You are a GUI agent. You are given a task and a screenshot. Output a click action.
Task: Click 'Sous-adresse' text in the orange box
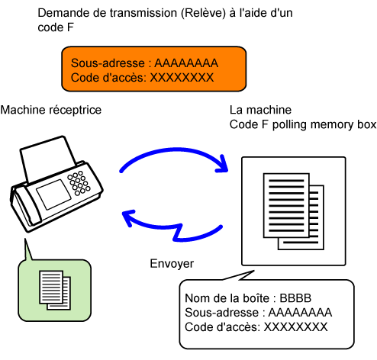point(108,63)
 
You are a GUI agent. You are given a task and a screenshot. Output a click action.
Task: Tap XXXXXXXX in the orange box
point(182,78)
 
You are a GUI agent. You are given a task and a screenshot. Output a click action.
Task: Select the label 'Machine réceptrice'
point(51,110)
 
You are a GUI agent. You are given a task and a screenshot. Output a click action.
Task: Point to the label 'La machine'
point(260,110)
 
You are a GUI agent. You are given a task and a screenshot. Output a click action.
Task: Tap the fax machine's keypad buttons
point(79,183)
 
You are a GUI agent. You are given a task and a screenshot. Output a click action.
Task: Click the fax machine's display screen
point(53,194)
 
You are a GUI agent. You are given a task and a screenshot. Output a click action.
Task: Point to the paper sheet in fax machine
point(48,159)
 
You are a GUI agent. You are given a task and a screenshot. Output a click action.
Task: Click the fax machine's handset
point(25,206)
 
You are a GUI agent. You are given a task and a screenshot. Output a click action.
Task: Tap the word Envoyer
point(172,264)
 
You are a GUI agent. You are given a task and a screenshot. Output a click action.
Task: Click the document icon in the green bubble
point(55,290)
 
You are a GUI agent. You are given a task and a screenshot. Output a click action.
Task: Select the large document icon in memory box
point(294,211)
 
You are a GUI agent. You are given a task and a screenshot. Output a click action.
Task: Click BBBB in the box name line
point(295,298)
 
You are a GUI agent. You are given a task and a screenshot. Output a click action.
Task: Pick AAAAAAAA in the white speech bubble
point(300,313)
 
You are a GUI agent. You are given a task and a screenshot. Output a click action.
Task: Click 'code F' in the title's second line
point(56,27)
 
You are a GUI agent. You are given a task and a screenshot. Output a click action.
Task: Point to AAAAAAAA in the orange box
point(186,63)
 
